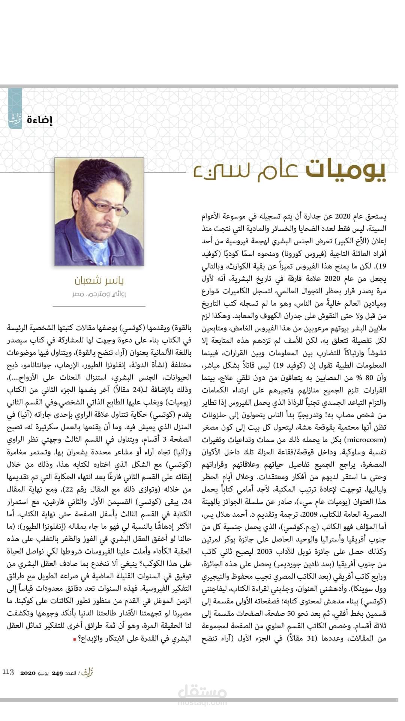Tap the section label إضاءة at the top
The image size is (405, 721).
[40, 121]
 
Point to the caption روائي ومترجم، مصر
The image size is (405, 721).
[99, 294]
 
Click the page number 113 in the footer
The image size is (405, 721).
[9, 672]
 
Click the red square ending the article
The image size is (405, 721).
[74, 639]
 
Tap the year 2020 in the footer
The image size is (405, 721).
[28, 673]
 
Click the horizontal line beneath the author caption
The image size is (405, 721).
[99, 306]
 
